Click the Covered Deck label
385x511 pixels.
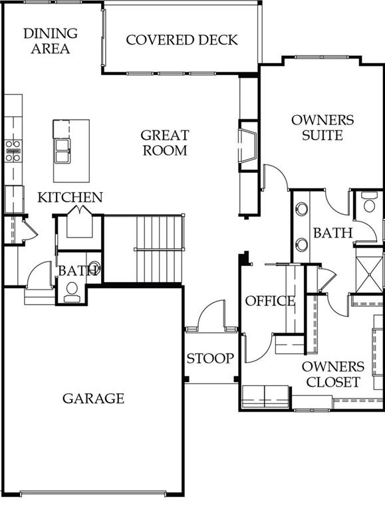[x=182, y=40]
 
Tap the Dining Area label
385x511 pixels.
[x=51, y=41]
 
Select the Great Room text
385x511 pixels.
[x=165, y=143]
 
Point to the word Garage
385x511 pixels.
[x=93, y=399]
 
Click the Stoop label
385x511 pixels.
[x=210, y=359]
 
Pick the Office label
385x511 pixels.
[x=270, y=301]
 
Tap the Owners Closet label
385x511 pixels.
[x=333, y=375]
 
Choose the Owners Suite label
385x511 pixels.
[x=322, y=128]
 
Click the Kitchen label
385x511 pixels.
[x=70, y=198]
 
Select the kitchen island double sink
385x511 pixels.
[x=62, y=151]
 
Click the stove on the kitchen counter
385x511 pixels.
[x=13, y=151]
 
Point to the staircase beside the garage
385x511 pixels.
[x=159, y=250]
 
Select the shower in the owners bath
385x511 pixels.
[x=370, y=274]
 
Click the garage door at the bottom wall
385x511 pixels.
[x=94, y=492]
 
